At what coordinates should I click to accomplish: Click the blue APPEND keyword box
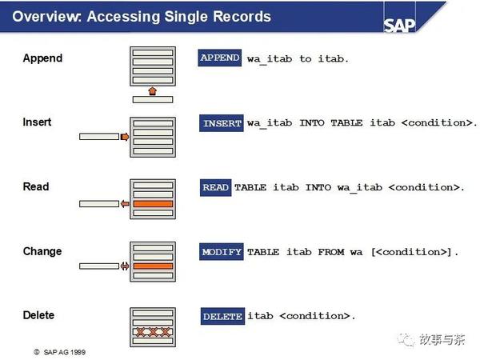click(220, 58)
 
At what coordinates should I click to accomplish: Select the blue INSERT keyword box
click(222, 124)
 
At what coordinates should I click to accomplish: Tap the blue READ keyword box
click(216, 187)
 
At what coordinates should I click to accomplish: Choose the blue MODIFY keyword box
click(222, 252)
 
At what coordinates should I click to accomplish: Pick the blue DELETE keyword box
click(222, 316)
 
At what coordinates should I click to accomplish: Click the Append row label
click(42, 58)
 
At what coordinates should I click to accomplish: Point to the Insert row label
click(37, 122)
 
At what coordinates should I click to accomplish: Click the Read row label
click(36, 186)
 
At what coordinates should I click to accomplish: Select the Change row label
click(42, 251)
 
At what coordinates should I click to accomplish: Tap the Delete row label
click(38, 315)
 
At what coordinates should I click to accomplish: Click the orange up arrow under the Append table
click(152, 91)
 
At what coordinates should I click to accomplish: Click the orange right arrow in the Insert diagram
click(124, 137)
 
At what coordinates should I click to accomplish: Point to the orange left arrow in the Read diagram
click(124, 204)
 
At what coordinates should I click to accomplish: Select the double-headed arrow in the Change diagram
click(124, 266)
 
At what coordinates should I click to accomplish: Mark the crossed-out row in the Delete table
click(152, 331)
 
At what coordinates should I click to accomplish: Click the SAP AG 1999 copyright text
click(62, 351)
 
